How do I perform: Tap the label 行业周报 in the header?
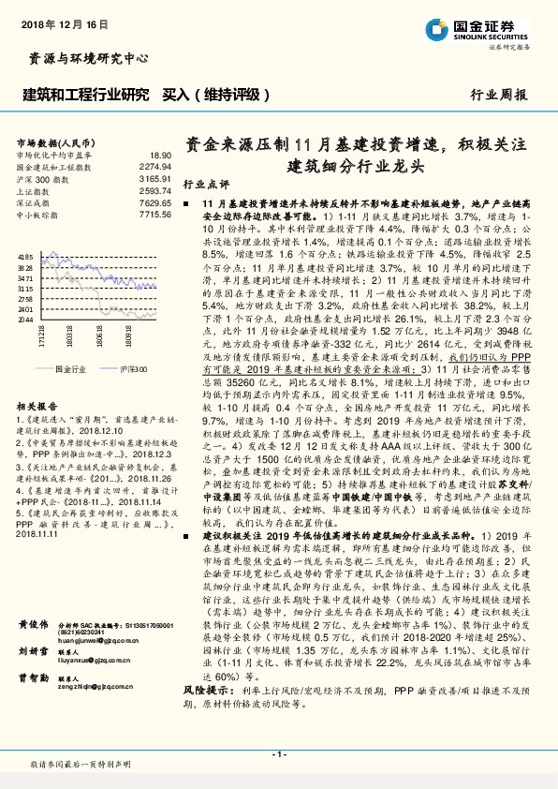pos(499,96)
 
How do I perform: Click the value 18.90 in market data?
pos(159,155)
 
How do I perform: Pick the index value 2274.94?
pos(155,166)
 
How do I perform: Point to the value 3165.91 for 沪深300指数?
pos(155,178)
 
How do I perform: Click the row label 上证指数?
pos(36,190)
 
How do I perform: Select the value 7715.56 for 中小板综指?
pos(155,215)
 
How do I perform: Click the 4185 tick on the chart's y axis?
pos(25,256)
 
